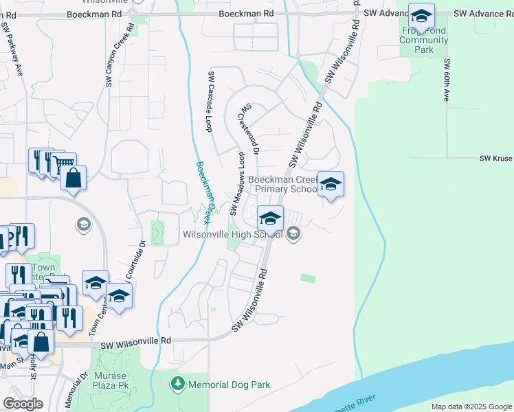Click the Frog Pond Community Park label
(x=424, y=40)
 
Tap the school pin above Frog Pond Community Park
(x=421, y=15)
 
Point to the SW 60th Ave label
(x=446, y=80)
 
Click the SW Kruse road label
(x=495, y=159)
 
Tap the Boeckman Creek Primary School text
(x=283, y=184)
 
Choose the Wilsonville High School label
(x=233, y=234)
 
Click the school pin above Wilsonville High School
(x=270, y=218)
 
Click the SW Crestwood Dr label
(x=250, y=128)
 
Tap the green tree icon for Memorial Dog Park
(x=179, y=383)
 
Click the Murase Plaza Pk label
(x=111, y=380)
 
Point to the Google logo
(x=23, y=404)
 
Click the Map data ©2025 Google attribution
(x=471, y=407)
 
